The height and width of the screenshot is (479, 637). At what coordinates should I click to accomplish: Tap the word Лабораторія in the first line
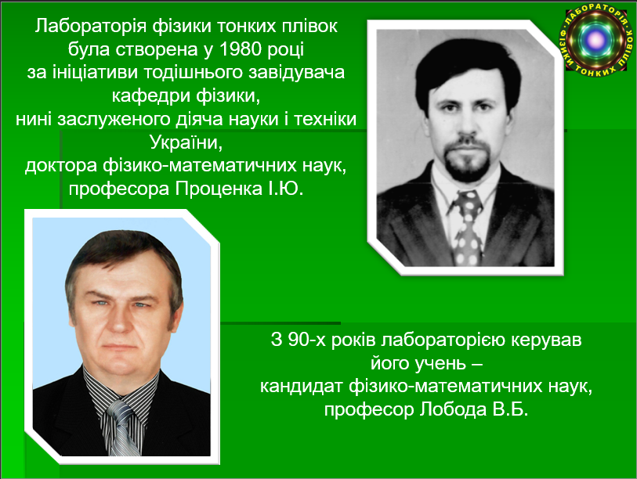[x=90, y=26]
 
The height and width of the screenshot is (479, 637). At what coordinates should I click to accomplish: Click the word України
[x=186, y=142]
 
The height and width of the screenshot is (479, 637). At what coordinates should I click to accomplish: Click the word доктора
[x=61, y=166]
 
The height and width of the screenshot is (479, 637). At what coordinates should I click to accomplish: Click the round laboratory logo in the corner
[x=596, y=39]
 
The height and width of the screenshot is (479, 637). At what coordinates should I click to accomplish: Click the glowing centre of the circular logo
[x=596, y=39]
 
